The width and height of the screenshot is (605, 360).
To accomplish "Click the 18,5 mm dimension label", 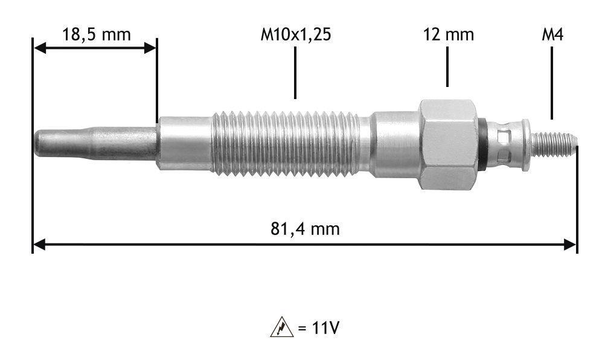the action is [97, 34].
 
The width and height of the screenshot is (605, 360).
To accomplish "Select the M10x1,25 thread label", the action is [295, 34].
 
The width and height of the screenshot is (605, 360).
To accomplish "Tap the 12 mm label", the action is [449, 34].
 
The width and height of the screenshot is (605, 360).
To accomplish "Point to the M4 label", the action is [552, 34].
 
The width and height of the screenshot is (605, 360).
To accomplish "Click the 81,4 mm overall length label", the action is [305, 229].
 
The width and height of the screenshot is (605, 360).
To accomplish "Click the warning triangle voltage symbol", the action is [281, 327].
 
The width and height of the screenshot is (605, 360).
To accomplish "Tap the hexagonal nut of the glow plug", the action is [449, 144].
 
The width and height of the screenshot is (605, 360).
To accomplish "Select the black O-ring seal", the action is [482, 144].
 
